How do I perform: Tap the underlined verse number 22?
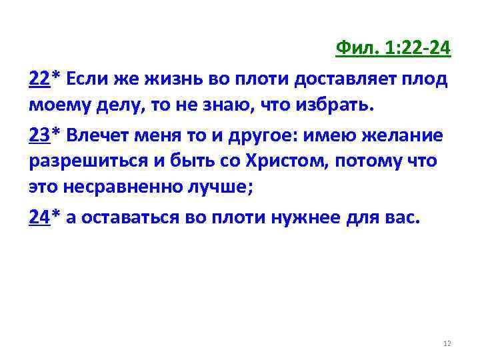click(39, 79)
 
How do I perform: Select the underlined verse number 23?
click(39, 137)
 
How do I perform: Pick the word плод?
click(429, 79)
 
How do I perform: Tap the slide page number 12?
click(447, 343)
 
